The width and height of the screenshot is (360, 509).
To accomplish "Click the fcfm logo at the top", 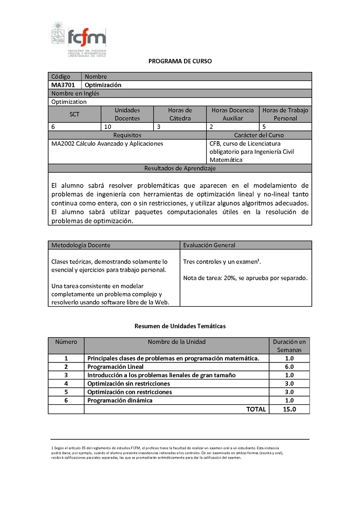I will (79, 40).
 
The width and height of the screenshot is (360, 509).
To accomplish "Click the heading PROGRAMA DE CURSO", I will (180, 61).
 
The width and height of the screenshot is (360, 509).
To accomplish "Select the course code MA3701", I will (63, 85).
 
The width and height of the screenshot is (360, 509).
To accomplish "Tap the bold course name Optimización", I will (103, 85).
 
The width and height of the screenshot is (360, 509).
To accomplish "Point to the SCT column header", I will (75, 114).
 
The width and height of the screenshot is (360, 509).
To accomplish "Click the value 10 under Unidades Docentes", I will (108, 127).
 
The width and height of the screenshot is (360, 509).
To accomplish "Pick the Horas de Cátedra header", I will (180, 114).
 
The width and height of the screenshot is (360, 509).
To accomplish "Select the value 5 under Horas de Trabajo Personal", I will (264, 127).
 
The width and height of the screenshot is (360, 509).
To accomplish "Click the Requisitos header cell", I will (127, 135).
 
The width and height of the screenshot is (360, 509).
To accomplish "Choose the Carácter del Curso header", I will (259, 135).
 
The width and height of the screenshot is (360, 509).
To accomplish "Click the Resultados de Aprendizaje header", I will (180, 169).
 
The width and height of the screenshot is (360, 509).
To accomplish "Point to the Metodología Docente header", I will (81, 245).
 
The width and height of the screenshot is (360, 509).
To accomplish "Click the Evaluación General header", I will (209, 245).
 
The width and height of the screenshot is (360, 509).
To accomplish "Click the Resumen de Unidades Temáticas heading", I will (180, 326).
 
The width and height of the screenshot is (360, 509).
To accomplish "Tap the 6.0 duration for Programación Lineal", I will (289, 367).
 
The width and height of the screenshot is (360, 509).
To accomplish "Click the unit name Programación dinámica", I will (120, 401).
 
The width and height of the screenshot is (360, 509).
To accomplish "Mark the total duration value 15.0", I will (288, 409).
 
